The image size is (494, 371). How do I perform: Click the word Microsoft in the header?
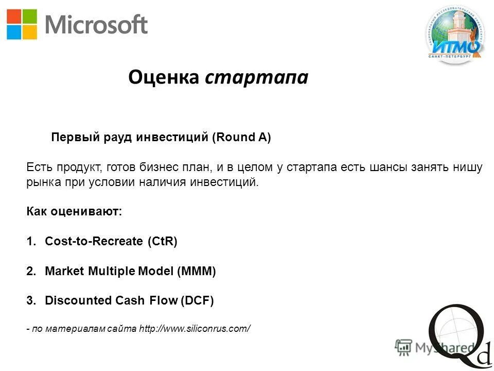97,25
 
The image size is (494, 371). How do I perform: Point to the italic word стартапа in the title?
256,78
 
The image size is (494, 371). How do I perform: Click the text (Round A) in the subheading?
241,138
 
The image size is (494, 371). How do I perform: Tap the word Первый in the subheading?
69,138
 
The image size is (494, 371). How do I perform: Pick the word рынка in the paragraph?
41,182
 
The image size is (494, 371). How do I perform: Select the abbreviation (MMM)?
197,271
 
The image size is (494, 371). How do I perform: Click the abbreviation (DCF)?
196,300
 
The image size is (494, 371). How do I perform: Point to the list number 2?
30,271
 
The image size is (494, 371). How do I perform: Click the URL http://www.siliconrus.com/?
195,328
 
